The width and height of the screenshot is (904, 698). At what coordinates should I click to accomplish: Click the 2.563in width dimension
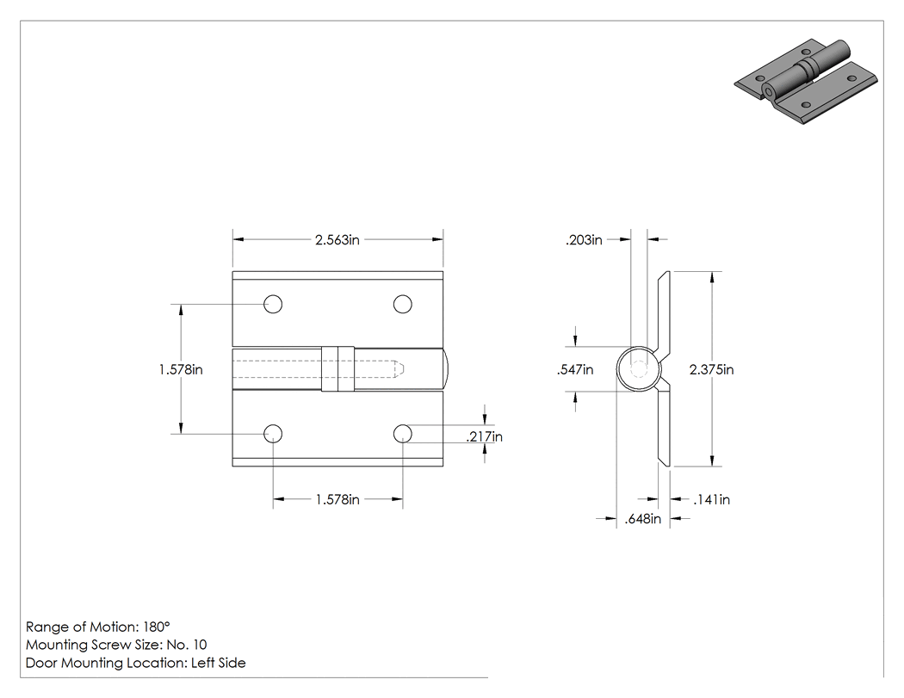pos(337,239)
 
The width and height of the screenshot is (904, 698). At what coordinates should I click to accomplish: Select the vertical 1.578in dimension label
pos(181,369)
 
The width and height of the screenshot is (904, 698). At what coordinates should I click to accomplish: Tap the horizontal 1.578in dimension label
pos(337,499)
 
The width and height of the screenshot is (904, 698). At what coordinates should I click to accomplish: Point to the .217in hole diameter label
pos(484,437)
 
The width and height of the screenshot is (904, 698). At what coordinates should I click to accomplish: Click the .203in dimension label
pos(584,240)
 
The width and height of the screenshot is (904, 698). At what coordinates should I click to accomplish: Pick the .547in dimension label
pos(575,369)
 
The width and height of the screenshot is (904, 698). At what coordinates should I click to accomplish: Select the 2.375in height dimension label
pos(711,369)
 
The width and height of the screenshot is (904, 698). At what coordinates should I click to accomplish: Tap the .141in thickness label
pos(711,500)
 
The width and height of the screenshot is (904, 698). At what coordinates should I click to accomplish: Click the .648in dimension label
pos(643,519)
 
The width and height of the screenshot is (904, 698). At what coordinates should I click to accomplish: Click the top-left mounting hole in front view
pos(273,304)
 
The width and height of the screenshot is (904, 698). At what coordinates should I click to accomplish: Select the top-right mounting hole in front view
pos(402,304)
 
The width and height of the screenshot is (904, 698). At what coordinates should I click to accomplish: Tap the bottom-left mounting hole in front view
pos(273,434)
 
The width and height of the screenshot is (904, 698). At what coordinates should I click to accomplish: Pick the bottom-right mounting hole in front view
pos(402,434)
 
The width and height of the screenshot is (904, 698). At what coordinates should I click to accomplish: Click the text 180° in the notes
pos(156,627)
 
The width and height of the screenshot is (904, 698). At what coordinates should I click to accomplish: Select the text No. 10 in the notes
pos(186,645)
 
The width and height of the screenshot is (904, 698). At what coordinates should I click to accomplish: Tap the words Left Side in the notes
pos(218,663)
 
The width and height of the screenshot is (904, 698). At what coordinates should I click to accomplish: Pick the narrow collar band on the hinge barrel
pos(337,369)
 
